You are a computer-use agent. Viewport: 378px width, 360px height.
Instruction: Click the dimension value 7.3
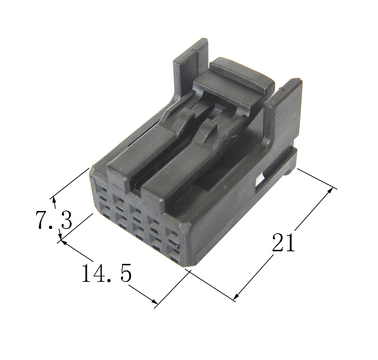click(54, 220)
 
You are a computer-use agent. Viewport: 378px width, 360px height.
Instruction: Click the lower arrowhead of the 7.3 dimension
click(60, 235)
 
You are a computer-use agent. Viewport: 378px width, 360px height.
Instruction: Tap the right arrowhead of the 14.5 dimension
click(154, 301)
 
